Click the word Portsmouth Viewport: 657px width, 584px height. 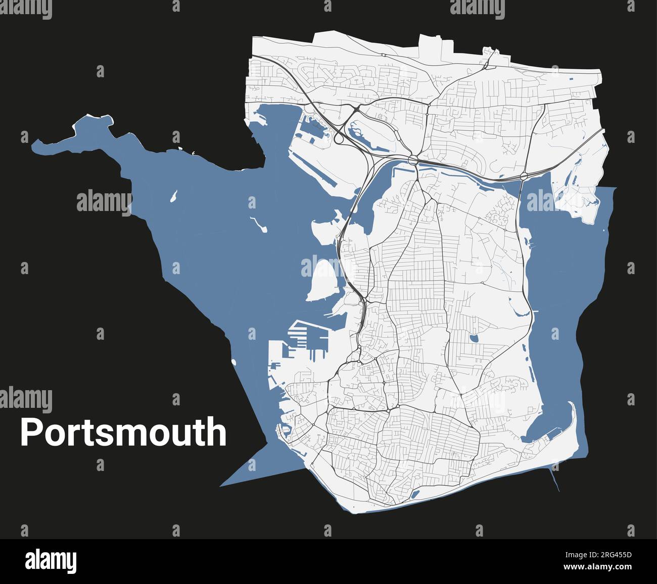pyautogui.click(x=123, y=432)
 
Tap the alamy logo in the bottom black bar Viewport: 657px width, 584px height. pyautogui.click(x=51, y=561)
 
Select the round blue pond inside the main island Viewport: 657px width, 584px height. pyautogui.click(x=474, y=338)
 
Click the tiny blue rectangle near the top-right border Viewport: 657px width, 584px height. pyautogui.click(x=572, y=79)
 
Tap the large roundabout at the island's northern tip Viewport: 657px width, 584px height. pyautogui.click(x=413, y=161)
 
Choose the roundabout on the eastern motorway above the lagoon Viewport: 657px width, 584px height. pyautogui.click(x=523, y=176)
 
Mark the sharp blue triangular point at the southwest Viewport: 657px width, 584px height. pyautogui.click(x=223, y=485)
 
